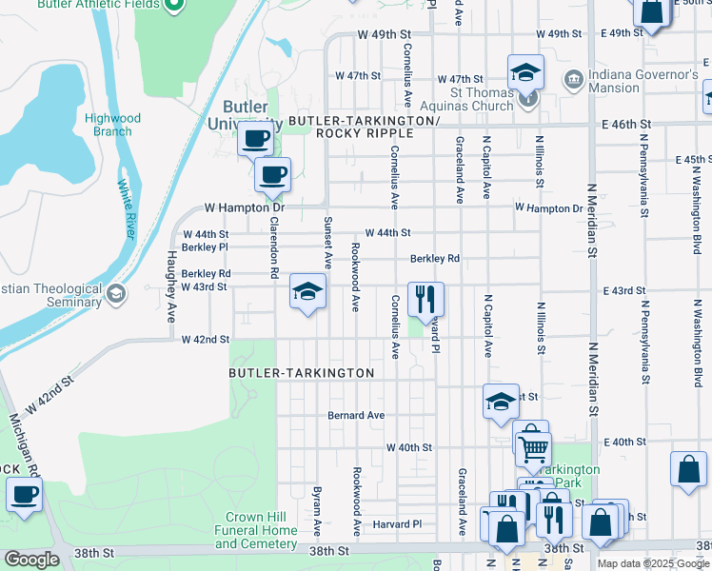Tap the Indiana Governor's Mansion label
(641, 81)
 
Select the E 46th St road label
(625, 125)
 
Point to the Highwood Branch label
(112, 125)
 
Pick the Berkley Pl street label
(206, 246)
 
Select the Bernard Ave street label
(356, 415)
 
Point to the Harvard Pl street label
(397, 524)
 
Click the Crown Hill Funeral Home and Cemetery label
(256, 530)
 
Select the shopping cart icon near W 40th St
(533, 445)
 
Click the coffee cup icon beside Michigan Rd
(24, 495)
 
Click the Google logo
(31, 560)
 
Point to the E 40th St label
(623, 443)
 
